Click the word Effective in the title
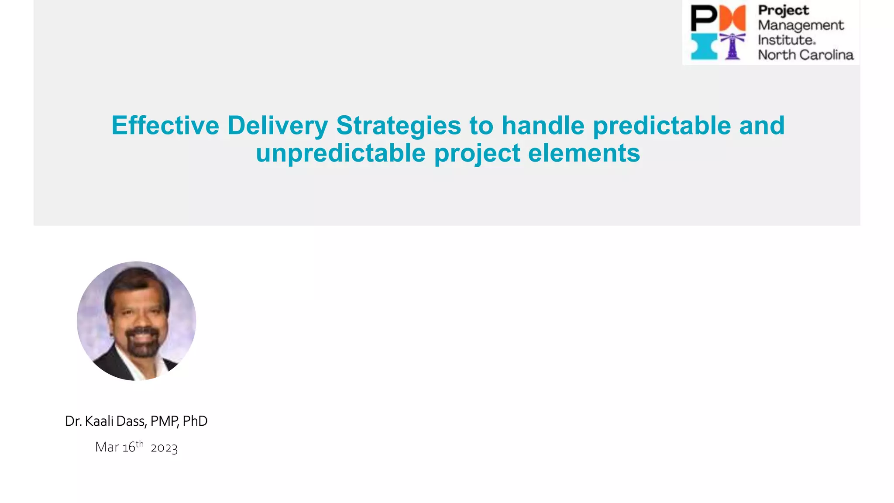point(165,126)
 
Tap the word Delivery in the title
point(277,126)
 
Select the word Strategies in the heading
point(398,126)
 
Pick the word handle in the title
point(543,126)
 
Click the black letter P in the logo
point(703,18)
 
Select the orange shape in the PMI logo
point(732,18)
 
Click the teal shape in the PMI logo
point(704,46)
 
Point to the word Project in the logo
point(784,10)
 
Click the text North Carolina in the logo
point(805,55)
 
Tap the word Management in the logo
point(801,25)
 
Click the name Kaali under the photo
point(100,421)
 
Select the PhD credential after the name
point(195,421)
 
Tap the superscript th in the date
point(139,444)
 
